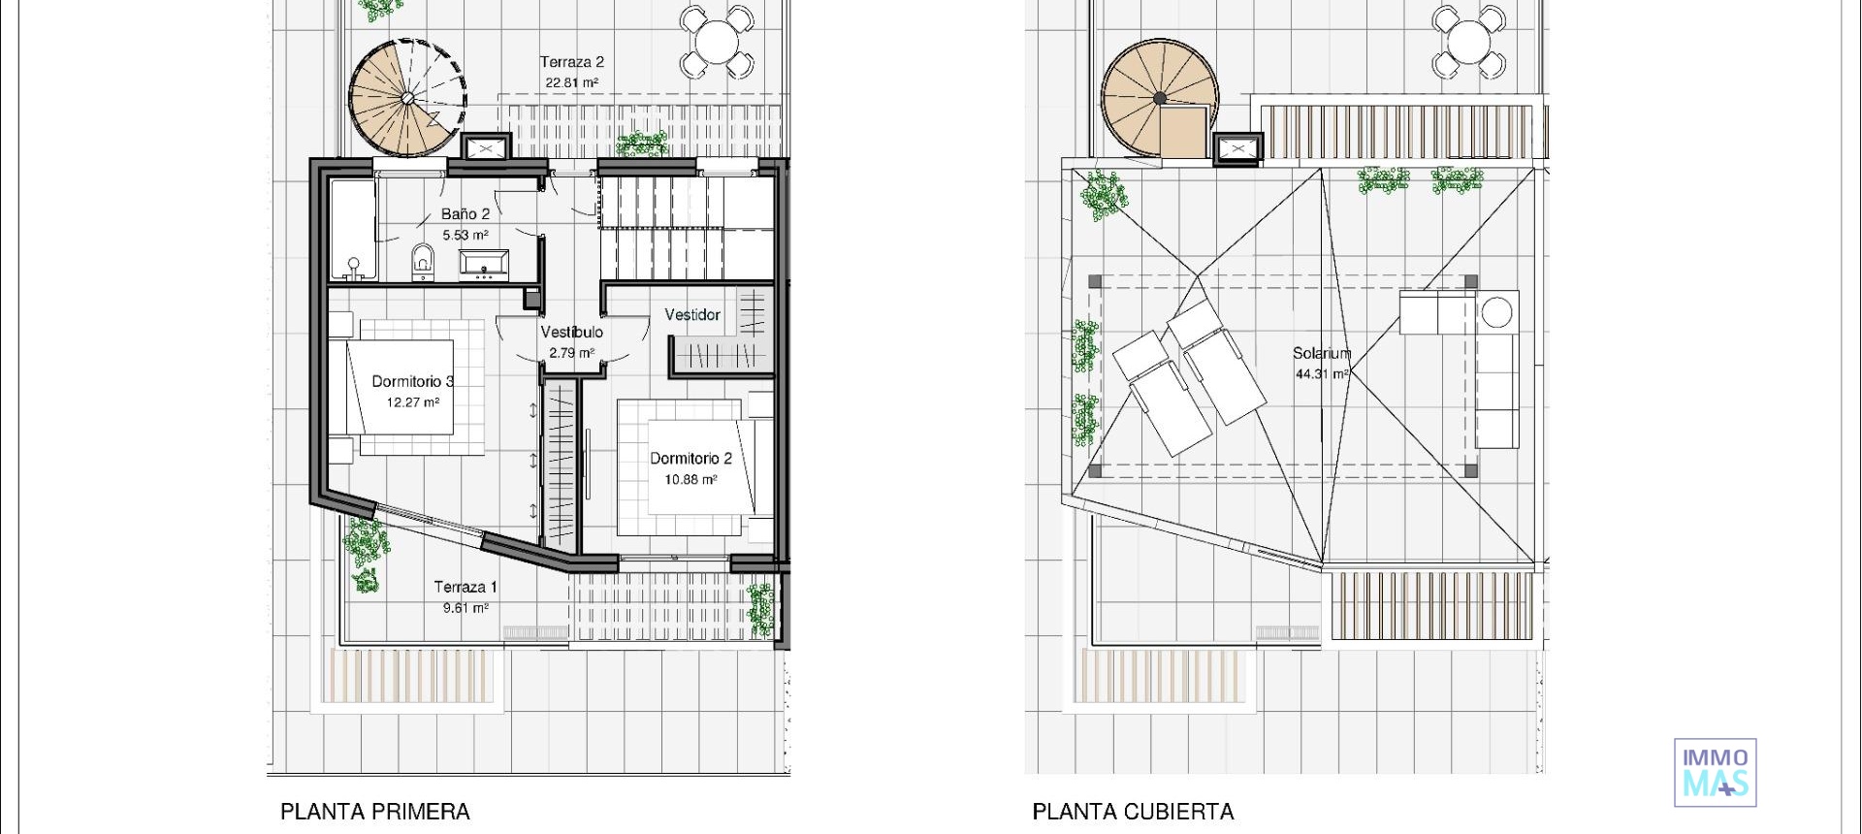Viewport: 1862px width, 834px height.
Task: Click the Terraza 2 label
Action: (x=571, y=62)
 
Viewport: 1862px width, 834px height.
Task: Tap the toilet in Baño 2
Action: (x=423, y=261)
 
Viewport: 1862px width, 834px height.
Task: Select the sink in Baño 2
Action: (x=483, y=263)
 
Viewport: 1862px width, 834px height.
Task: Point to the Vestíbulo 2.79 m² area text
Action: (x=571, y=353)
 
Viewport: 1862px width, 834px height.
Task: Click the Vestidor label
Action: (x=692, y=315)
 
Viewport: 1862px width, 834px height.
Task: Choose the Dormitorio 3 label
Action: (x=412, y=381)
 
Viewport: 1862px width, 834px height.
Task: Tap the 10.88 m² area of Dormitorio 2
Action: (x=690, y=479)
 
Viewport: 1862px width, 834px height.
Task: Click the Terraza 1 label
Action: (x=465, y=587)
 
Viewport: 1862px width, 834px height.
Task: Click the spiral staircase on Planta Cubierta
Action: (x=1160, y=98)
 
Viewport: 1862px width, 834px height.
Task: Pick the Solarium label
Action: (x=1321, y=354)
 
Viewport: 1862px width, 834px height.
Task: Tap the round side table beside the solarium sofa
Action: (x=1496, y=312)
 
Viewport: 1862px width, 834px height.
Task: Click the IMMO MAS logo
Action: (x=1715, y=773)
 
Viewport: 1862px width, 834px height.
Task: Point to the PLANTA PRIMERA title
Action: (x=375, y=812)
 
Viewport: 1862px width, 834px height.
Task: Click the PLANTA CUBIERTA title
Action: (x=1133, y=812)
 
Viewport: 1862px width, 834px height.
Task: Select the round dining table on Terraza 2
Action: (x=717, y=41)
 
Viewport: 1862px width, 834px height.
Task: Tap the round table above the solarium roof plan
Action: (x=1468, y=41)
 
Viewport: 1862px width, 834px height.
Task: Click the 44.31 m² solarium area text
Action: (x=1321, y=374)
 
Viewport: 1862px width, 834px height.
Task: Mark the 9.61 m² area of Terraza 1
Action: (x=465, y=608)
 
